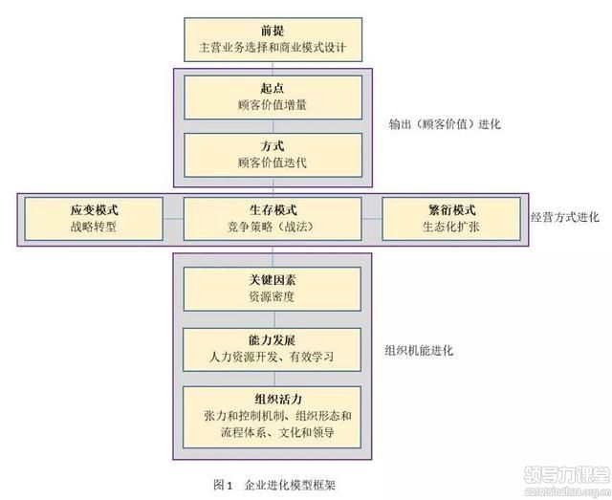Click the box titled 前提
[273, 37]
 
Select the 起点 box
[273, 96]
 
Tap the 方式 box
[273, 153]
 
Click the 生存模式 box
[273, 219]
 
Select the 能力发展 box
[273, 348]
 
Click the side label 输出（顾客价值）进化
[445, 124]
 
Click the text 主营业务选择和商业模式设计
[273, 45]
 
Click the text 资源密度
[273, 297]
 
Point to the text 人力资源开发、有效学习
[273, 358]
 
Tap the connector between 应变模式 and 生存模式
[172, 219]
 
